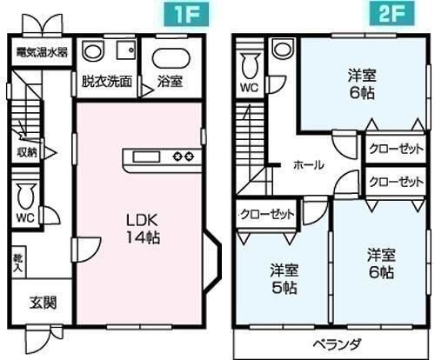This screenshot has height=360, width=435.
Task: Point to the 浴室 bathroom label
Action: pos(170,83)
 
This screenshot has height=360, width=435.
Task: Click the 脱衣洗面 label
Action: pos(107,83)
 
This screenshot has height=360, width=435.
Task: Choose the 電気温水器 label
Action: pos(40,52)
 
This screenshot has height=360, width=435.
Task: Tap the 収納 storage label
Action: pos(27,151)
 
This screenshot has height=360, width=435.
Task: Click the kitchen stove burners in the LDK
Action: pos(184,157)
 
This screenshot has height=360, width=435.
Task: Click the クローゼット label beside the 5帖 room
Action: pos(267,214)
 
